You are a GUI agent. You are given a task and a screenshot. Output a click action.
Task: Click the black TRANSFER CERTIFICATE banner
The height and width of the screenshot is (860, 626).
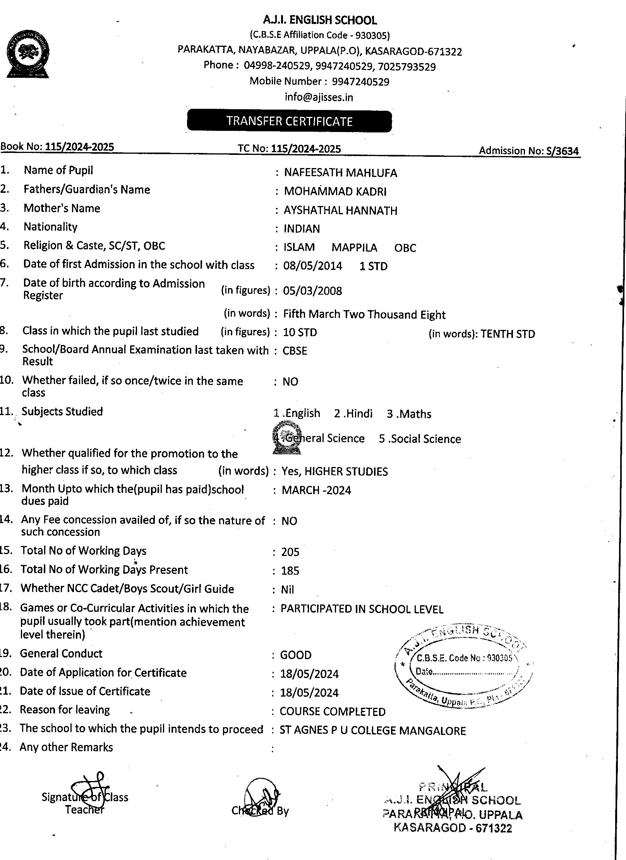tap(289, 121)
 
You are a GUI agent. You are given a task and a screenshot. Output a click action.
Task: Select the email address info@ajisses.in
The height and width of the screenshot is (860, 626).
tap(319, 97)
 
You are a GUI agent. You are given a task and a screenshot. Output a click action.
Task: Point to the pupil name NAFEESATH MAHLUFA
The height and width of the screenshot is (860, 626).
tap(340, 173)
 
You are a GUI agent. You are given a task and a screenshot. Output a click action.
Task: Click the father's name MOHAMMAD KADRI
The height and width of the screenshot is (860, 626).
tap(335, 191)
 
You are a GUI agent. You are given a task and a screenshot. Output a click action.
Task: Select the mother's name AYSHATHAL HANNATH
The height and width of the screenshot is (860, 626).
tap(340, 210)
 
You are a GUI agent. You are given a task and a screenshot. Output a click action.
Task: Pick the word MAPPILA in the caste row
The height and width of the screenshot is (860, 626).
tap(354, 247)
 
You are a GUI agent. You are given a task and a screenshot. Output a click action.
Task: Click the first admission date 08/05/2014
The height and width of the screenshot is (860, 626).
tap(313, 266)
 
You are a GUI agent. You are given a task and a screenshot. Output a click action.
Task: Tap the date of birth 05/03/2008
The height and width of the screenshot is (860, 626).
tap(312, 291)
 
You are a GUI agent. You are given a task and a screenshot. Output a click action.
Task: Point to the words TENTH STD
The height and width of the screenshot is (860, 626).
tap(508, 334)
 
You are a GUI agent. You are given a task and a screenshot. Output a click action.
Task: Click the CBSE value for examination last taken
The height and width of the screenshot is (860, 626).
tap(295, 351)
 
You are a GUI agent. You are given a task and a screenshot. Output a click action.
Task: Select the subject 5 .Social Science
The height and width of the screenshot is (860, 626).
tap(420, 439)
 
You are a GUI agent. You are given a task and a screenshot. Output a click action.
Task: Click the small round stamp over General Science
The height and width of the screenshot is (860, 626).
tap(287, 438)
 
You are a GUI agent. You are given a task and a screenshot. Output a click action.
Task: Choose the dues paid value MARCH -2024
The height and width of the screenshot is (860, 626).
tap(316, 490)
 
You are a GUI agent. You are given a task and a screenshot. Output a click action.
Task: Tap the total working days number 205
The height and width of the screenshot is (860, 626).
tap(290, 552)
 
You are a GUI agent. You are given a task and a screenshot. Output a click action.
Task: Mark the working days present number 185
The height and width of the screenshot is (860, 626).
tap(290, 570)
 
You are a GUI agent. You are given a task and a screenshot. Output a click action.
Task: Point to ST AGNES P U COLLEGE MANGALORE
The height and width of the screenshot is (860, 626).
tap(372, 731)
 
